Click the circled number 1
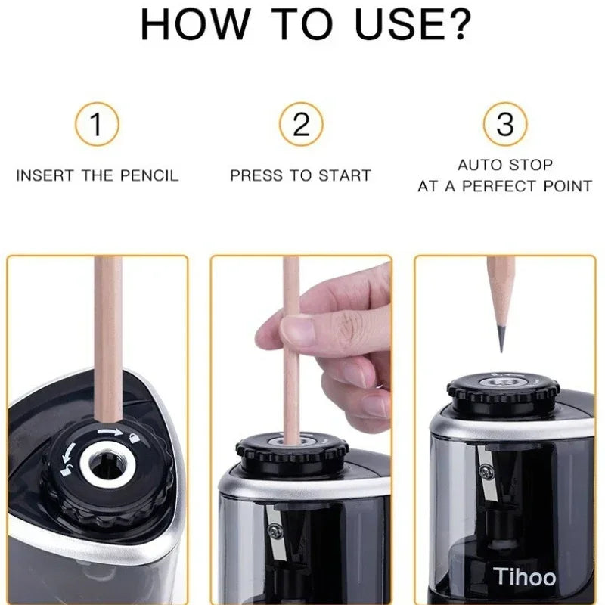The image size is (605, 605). pos(96,124)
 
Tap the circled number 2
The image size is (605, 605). pos(301,124)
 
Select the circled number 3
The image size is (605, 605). pos(504,124)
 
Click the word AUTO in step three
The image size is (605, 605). pos(478,164)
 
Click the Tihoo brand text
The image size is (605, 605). pos(525,577)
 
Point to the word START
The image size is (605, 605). pos(343,175)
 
